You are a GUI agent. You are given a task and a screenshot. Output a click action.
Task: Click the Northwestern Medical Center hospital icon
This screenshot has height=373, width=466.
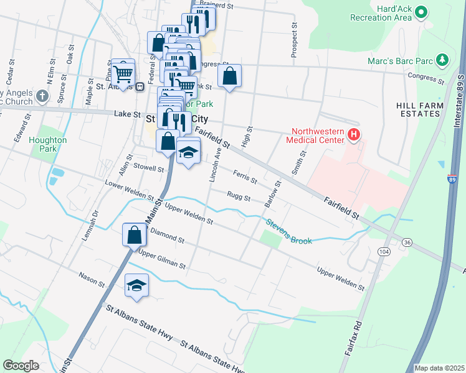(x=353, y=134)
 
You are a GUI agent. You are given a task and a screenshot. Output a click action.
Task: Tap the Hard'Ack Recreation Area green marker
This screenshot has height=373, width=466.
(x=422, y=11)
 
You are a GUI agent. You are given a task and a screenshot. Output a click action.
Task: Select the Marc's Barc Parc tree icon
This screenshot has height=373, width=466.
(x=443, y=60)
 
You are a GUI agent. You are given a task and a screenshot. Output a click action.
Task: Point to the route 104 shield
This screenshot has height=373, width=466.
(x=384, y=251)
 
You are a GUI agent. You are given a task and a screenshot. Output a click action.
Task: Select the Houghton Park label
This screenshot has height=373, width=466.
(x=48, y=144)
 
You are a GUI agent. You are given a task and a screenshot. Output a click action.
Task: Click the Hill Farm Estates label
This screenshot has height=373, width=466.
(x=420, y=110)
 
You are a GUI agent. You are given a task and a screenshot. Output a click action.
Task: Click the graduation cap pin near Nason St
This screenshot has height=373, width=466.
(x=137, y=285)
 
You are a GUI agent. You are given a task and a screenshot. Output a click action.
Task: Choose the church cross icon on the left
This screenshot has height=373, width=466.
(x=42, y=96)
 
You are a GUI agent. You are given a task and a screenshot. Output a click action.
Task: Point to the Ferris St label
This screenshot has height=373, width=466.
(x=245, y=177)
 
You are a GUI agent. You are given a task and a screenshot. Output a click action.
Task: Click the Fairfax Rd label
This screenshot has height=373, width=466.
(x=353, y=339)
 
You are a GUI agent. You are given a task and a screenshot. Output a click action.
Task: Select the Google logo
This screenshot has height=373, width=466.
(x=21, y=366)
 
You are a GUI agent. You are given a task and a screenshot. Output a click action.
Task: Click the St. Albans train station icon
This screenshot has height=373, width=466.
(x=141, y=86)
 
